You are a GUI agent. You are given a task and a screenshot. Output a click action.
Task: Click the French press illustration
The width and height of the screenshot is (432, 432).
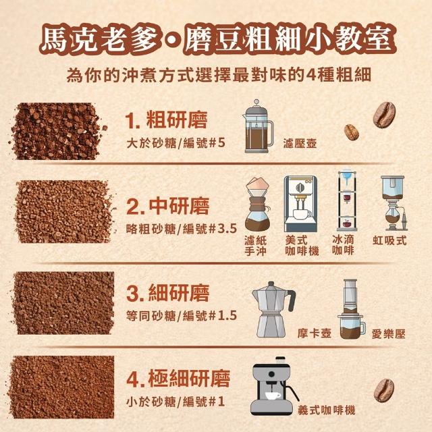tap(258, 126)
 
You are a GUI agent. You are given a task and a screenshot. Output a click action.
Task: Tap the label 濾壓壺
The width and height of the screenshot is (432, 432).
tap(300, 143)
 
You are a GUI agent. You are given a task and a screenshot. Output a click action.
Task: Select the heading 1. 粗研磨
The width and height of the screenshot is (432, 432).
tap(166, 120)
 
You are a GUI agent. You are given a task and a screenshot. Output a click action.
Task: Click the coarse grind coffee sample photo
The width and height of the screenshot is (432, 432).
tap(58, 131)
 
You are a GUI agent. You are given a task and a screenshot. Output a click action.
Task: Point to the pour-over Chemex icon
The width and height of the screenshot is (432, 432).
tap(258, 204)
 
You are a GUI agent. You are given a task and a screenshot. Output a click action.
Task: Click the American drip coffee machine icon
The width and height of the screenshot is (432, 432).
tap(300, 204)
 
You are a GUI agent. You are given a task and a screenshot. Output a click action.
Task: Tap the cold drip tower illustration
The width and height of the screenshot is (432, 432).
tap(346, 200)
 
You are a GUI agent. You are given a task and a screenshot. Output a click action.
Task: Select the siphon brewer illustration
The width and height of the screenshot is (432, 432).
tap(394, 203)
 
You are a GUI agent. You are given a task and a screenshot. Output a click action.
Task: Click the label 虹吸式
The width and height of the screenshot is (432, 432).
tap(389, 240)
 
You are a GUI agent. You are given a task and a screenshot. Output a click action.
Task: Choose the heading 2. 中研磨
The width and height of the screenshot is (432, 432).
tap(168, 206)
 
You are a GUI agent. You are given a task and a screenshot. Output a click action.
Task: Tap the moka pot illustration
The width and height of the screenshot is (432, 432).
tap(273, 309)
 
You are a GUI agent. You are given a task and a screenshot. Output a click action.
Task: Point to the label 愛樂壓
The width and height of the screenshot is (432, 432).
tap(389, 334)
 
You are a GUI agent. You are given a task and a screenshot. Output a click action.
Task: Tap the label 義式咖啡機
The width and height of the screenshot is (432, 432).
tap(326, 410)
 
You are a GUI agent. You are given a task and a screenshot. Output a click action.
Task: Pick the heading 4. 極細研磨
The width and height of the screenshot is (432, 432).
tap(178, 379)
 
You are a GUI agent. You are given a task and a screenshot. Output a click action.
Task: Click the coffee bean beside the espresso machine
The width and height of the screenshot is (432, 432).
tap(384, 390)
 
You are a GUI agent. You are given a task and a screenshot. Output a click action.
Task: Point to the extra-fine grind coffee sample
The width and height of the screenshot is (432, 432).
tap(62, 387)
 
